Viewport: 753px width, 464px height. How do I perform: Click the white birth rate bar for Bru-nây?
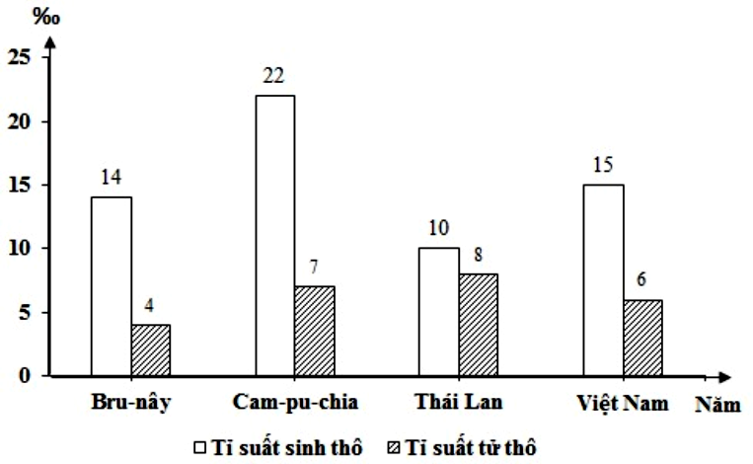112,286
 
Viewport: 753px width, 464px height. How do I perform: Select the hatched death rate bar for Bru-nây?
152,349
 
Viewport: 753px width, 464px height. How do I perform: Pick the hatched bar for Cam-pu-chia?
314,331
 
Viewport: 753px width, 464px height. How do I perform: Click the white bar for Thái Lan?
439,311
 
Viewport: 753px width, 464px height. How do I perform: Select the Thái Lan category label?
459,404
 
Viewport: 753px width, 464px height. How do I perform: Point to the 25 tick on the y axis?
21,58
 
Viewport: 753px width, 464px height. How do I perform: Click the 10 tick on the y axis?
21,249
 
